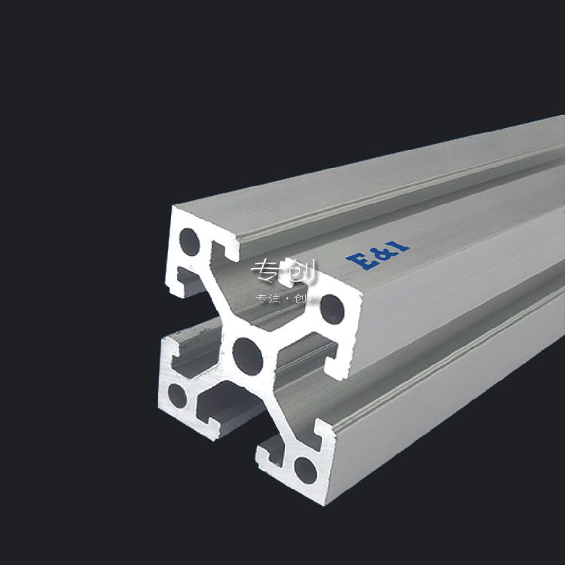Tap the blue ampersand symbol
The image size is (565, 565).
coord(378,252)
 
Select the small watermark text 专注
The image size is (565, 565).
coord(268,298)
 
